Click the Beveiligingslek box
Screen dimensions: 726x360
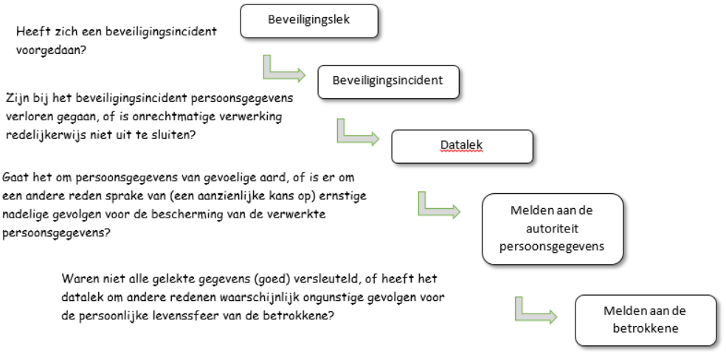(x=309, y=21)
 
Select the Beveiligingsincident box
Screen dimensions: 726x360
(x=388, y=82)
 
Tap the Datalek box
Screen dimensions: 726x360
(x=462, y=146)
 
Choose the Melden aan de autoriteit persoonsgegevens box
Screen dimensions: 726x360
(x=553, y=229)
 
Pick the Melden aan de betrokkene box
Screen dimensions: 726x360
(x=646, y=320)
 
